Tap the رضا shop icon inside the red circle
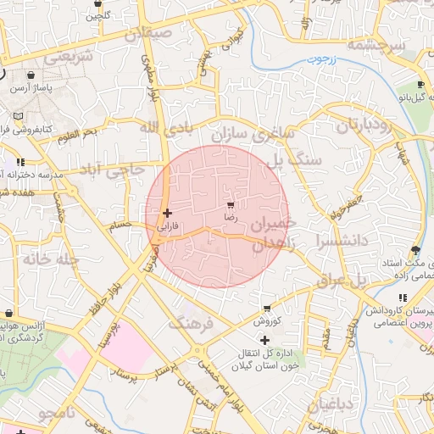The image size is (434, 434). [x=231, y=206]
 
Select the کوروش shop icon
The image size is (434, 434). [x=267, y=309]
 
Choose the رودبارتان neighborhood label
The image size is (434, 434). [x=365, y=125]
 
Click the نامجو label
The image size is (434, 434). [x=57, y=413]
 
